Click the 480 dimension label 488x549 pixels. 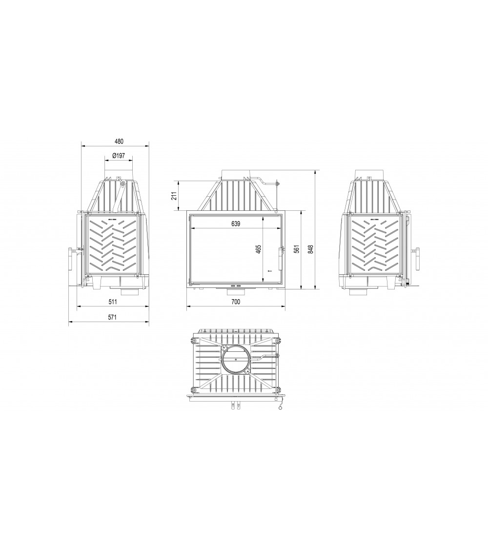click(119, 141)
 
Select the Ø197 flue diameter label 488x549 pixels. click(119, 156)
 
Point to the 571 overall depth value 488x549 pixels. click(112, 317)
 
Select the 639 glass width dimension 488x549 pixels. click(235, 224)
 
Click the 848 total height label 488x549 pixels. click(311, 249)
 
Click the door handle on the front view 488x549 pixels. click(281, 259)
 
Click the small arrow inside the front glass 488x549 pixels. click(269, 270)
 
